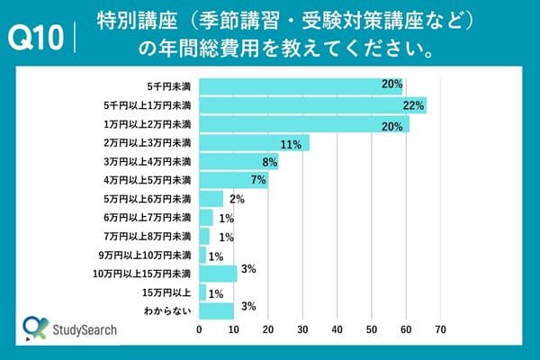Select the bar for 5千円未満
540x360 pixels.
click(x=301, y=85)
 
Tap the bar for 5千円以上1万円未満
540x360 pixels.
click(x=312, y=105)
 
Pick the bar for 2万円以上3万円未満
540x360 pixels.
click(x=254, y=143)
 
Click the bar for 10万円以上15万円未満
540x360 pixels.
click(x=218, y=274)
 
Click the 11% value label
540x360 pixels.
click(x=291, y=143)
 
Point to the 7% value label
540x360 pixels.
click(x=259, y=180)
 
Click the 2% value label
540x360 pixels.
click(x=237, y=199)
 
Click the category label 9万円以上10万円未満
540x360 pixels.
click(x=151, y=255)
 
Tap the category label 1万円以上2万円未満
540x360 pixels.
click(x=154, y=124)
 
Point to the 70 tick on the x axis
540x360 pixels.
click(x=441, y=330)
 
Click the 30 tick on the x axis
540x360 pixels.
click(x=302, y=330)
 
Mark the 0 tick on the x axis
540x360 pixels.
click(x=199, y=330)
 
